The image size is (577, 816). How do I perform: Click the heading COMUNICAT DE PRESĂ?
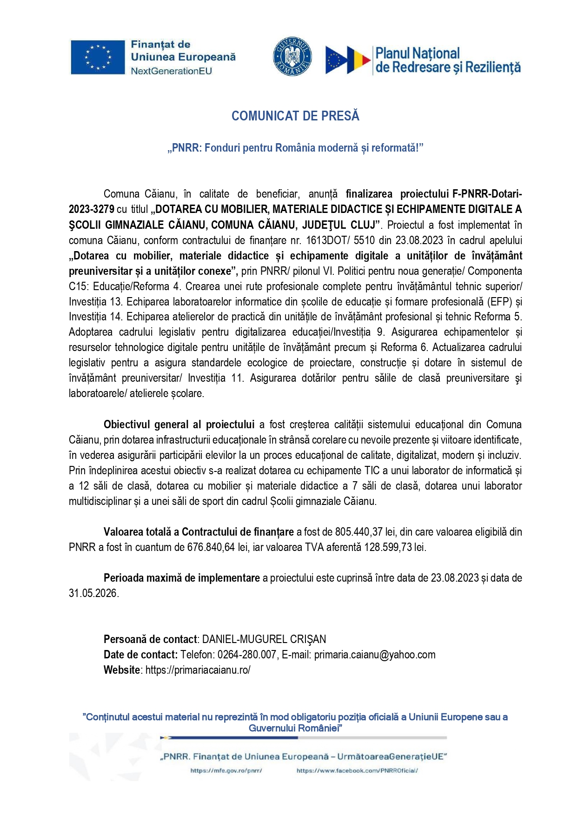click(295, 116)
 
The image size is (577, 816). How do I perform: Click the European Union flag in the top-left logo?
click(98, 57)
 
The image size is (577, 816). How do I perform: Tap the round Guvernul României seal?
click(292, 57)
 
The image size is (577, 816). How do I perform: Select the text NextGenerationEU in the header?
click(171, 71)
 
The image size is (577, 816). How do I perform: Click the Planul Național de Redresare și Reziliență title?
click(447, 60)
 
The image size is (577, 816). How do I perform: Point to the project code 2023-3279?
click(91, 209)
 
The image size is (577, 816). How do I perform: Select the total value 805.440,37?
click(361, 532)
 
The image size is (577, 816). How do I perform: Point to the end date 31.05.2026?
click(93, 593)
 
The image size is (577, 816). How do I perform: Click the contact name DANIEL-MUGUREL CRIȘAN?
click(264, 639)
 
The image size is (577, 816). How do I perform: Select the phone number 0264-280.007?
click(247, 655)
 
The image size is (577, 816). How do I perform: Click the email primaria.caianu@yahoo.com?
click(375, 655)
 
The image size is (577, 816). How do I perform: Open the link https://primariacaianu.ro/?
click(198, 670)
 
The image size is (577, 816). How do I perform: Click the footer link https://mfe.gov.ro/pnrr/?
click(226, 770)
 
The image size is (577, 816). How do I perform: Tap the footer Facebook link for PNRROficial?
click(357, 770)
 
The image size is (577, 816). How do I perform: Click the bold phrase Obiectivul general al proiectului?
click(179, 425)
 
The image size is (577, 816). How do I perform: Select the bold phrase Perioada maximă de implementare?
click(182, 578)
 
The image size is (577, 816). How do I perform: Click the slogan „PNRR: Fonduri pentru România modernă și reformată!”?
click(295, 148)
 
